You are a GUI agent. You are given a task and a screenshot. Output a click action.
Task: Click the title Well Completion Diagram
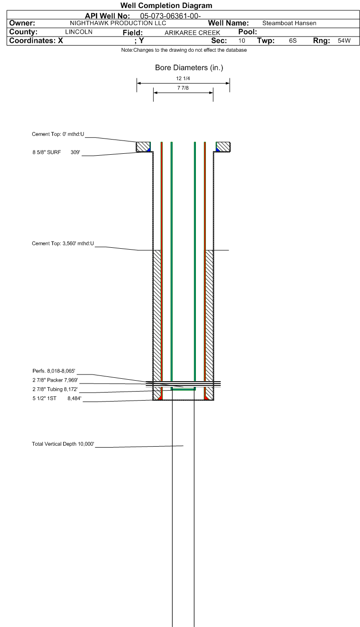166,6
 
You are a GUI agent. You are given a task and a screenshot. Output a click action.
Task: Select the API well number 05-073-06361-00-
171,16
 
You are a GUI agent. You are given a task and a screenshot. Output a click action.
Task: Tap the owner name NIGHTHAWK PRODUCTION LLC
118,23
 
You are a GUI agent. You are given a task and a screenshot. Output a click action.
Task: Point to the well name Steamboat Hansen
289,23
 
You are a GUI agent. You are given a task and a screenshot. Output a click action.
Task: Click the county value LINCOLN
78,32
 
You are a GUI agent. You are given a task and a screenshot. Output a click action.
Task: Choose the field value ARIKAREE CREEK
192,33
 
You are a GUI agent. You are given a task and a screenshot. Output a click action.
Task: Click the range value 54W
344,41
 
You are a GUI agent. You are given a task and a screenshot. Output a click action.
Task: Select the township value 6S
293,41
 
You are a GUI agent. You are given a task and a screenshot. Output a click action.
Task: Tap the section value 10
241,41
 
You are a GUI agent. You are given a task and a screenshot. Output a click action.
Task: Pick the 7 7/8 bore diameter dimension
183,88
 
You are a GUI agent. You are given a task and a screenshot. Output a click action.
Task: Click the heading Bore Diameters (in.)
189,68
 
